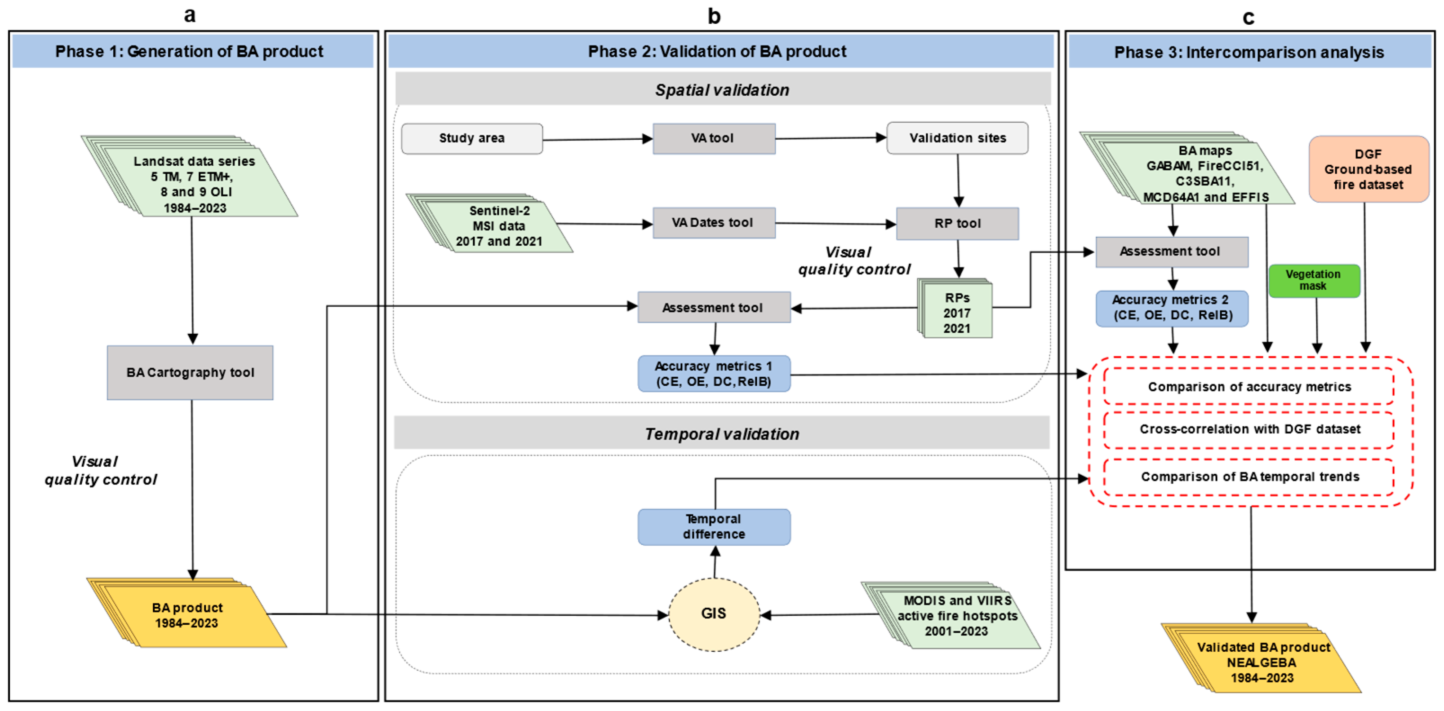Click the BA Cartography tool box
190,373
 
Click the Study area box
471,138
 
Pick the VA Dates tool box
714,223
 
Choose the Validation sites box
957,138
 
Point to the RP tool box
957,224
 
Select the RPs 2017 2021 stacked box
956,313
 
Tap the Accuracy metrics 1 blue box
714,374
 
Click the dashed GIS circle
714,614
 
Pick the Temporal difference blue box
714,527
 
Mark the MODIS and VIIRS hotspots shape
957,616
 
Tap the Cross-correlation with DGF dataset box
1249,430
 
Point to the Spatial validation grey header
722,90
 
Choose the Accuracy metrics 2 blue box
1172,308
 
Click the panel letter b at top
714,16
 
